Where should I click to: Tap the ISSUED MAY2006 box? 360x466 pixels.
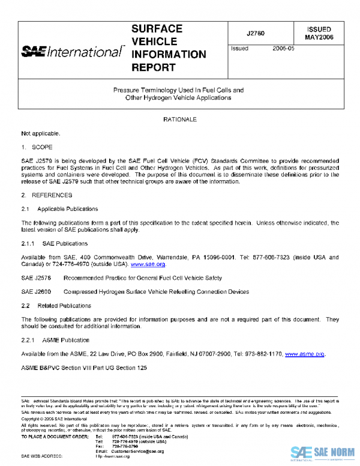319,33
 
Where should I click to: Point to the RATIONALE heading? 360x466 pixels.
180,120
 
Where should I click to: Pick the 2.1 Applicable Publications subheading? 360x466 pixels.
59,209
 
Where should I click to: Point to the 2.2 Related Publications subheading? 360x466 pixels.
56,306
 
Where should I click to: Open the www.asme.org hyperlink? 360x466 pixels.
305,354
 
